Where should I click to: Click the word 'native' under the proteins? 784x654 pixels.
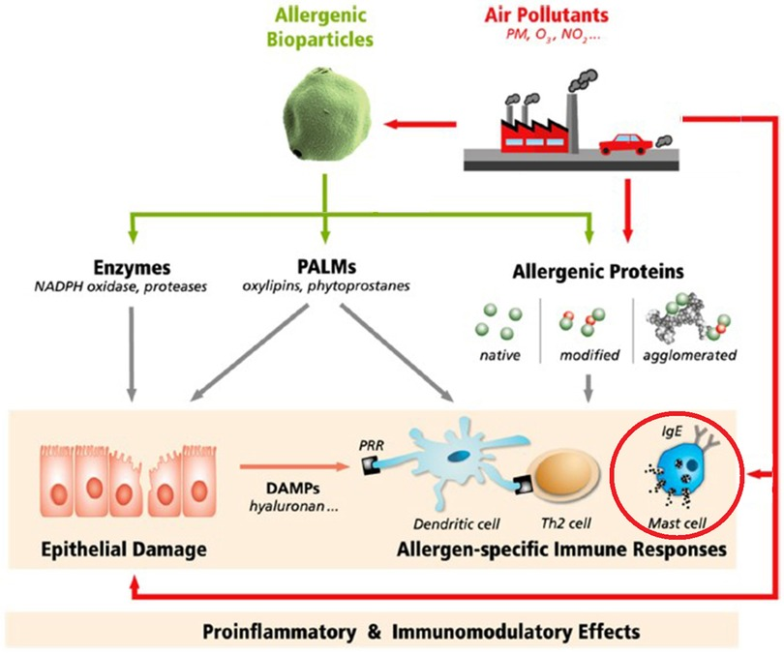click(501, 355)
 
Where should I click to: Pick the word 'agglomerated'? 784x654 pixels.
click(688, 355)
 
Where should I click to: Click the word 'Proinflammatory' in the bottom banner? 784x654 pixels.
click(265, 632)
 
